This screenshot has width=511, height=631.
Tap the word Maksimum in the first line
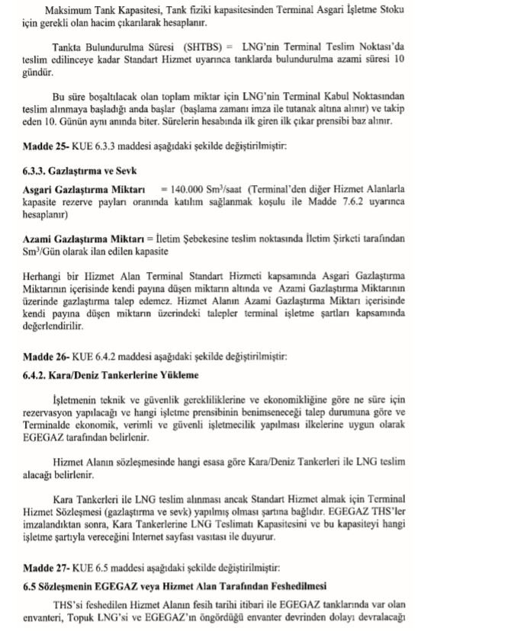pos(70,12)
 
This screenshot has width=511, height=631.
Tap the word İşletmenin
pos(76,399)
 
